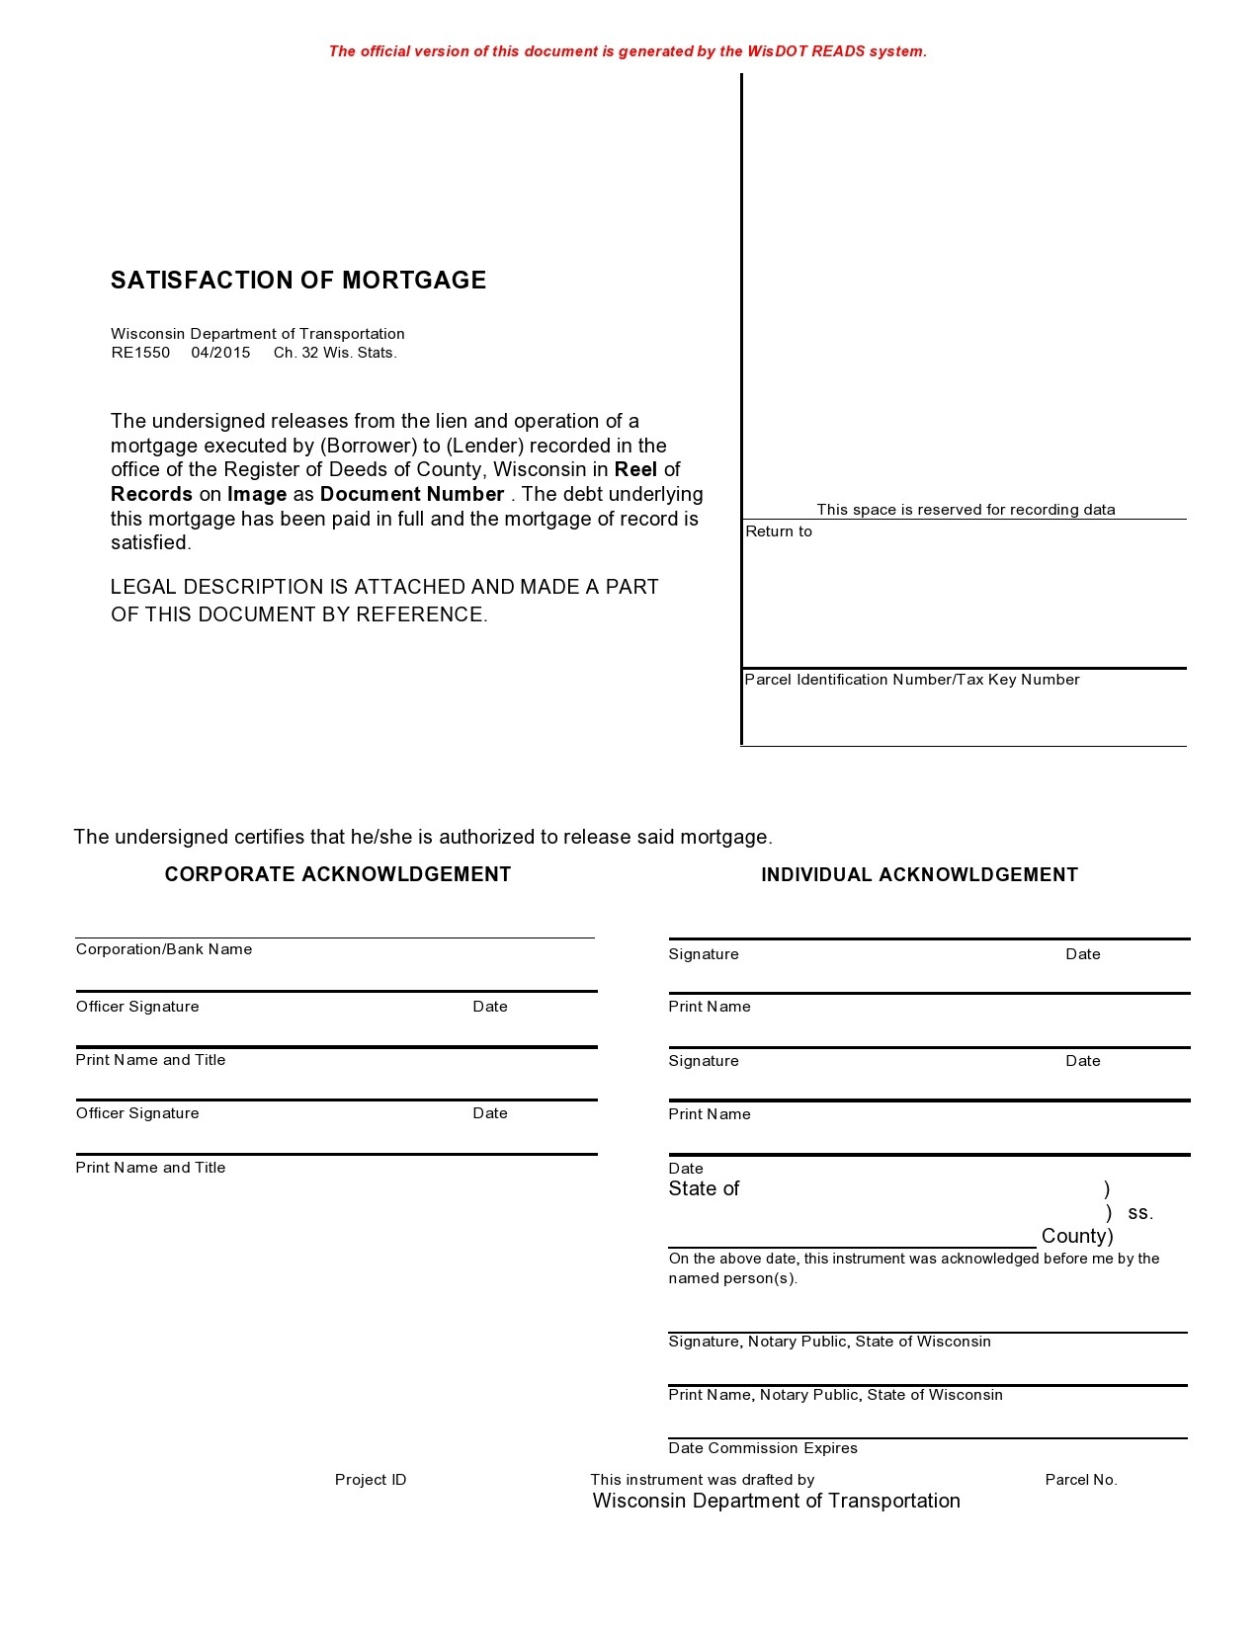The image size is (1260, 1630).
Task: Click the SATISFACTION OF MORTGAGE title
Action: pyautogui.click(x=298, y=281)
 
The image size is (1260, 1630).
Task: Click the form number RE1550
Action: pyautogui.click(x=140, y=353)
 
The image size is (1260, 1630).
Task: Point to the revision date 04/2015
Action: pyautogui.click(x=220, y=353)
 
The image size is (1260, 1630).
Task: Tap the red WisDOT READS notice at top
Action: pyautogui.click(x=628, y=51)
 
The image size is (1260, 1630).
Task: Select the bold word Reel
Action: pyautogui.click(x=635, y=469)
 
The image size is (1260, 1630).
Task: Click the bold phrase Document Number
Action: pyautogui.click(x=412, y=494)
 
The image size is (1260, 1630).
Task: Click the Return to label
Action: pyautogui.click(x=779, y=531)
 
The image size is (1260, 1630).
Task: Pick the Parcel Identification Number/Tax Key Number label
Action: pyautogui.click(x=911, y=680)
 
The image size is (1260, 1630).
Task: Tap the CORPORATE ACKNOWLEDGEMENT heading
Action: pyautogui.click(x=338, y=874)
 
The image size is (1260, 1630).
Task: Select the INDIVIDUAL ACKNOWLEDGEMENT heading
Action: pyautogui.click(x=919, y=874)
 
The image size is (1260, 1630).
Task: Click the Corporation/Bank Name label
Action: pyautogui.click(x=164, y=949)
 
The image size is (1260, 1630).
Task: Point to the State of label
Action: pyautogui.click(x=704, y=1188)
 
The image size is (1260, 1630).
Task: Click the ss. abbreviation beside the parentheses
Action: pyautogui.click(x=1140, y=1212)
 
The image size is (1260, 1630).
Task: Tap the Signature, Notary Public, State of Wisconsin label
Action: pyautogui.click(x=829, y=1342)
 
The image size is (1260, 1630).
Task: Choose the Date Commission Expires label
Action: pyautogui.click(x=763, y=1448)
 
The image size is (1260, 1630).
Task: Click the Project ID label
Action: pyautogui.click(x=371, y=1480)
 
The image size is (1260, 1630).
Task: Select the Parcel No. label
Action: pyautogui.click(x=1081, y=1480)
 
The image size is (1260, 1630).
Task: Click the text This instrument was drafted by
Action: pyautogui.click(x=703, y=1480)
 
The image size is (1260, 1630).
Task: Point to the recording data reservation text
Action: pyautogui.click(x=966, y=510)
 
